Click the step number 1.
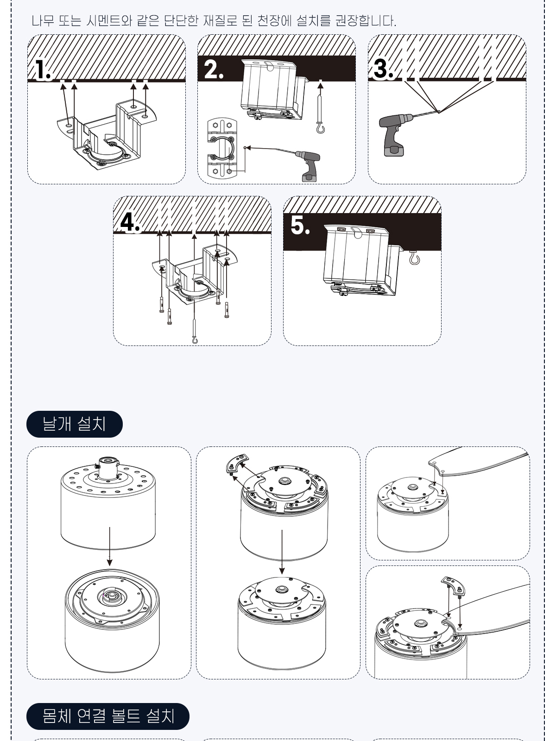pyautogui.click(x=43, y=70)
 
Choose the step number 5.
pyautogui.click(x=300, y=225)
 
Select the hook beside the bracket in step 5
pyautogui.click(x=414, y=258)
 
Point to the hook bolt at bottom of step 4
pyautogui.click(x=195, y=331)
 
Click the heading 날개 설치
pyautogui.click(x=74, y=424)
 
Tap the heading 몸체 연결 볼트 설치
pyautogui.click(x=108, y=716)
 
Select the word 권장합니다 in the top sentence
pyautogui.click(x=366, y=20)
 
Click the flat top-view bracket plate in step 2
pyautogui.click(x=222, y=148)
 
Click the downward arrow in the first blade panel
pyautogui.click(x=109, y=546)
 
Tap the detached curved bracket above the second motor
pyautogui.click(x=237, y=464)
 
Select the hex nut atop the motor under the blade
pyautogui.click(x=420, y=622)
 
